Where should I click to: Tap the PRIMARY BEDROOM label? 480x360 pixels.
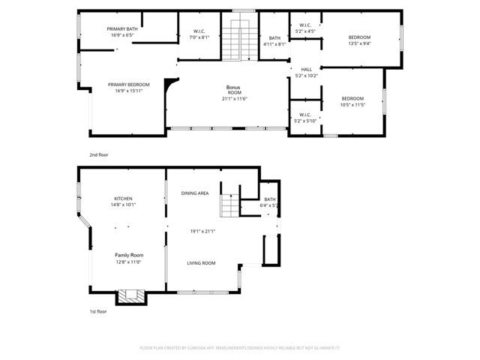tap(128, 85)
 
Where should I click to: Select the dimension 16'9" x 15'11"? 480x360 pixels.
tap(128, 91)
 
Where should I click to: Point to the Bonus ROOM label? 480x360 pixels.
tap(235, 90)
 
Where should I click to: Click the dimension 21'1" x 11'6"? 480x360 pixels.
tap(235, 99)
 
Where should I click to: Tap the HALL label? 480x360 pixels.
tap(306, 69)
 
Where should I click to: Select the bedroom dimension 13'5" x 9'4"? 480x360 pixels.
tap(360, 43)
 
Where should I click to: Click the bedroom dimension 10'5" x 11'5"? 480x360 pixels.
tap(352, 105)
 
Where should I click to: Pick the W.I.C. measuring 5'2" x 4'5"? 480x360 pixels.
tap(305, 31)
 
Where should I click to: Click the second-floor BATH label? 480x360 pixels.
tap(274, 38)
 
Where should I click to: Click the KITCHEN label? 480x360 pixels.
tap(123, 199)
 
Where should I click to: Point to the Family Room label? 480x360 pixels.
tap(127, 255)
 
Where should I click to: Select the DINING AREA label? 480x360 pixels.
tap(195, 193)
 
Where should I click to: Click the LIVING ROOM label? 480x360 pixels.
tap(202, 263)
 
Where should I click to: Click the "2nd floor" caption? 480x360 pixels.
tap(99, 154)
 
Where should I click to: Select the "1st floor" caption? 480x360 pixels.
tap(98, 311)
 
